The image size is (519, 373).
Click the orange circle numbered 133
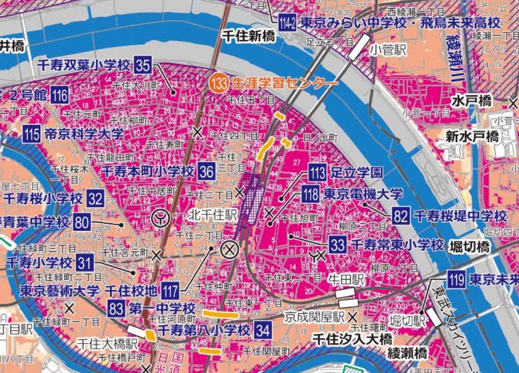click(x=220, y=83)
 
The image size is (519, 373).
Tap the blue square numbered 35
click(x=143, y=65)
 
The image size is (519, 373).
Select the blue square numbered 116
click(x=60, y=95)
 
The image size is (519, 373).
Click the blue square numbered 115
click(x=32, y=134)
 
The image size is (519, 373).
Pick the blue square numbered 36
click(x=207, y=171)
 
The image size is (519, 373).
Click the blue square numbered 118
click(x=310, y=194)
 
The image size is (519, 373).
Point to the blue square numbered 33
click(x=337, y=245)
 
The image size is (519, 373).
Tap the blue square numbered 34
click(x=263, y=330)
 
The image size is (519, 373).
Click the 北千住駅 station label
click(x=212, y=215)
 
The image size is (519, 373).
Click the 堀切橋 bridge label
click(x=469, y=247)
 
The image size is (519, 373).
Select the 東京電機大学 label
click(x=363, y=194)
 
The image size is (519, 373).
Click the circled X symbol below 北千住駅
click(x=230, y=249)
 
